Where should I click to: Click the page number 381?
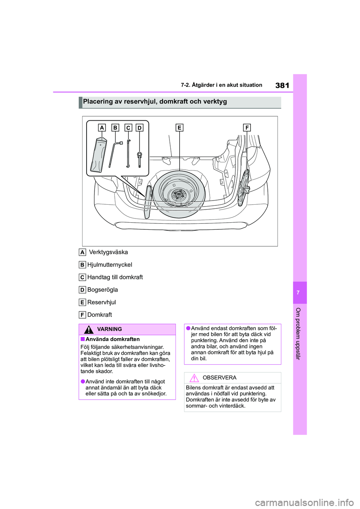tap(282, 85)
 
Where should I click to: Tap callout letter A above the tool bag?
tap(102, 128)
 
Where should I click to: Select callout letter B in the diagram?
tap(115, 128)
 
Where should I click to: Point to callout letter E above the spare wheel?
tap(179, 128)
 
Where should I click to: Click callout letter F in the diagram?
tap(247, 128)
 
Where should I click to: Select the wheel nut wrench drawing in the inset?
tap(115, 154)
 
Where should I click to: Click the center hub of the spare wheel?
tap(179, 195)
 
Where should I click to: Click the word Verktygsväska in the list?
tap(108, 252)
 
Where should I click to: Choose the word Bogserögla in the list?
tap(102, 290)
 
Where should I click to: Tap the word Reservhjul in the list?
tap(102, 302)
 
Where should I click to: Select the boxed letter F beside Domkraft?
tap(82, 315)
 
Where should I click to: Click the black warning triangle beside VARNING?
tap(88, 329)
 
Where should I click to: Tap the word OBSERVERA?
tap(219, 378)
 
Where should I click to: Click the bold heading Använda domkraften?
tap(112, 339)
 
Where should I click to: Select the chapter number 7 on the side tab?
tap(298, 293)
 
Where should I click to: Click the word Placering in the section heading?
tap(98, 102)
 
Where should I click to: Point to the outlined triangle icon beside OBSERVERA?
tap(193, 378)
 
